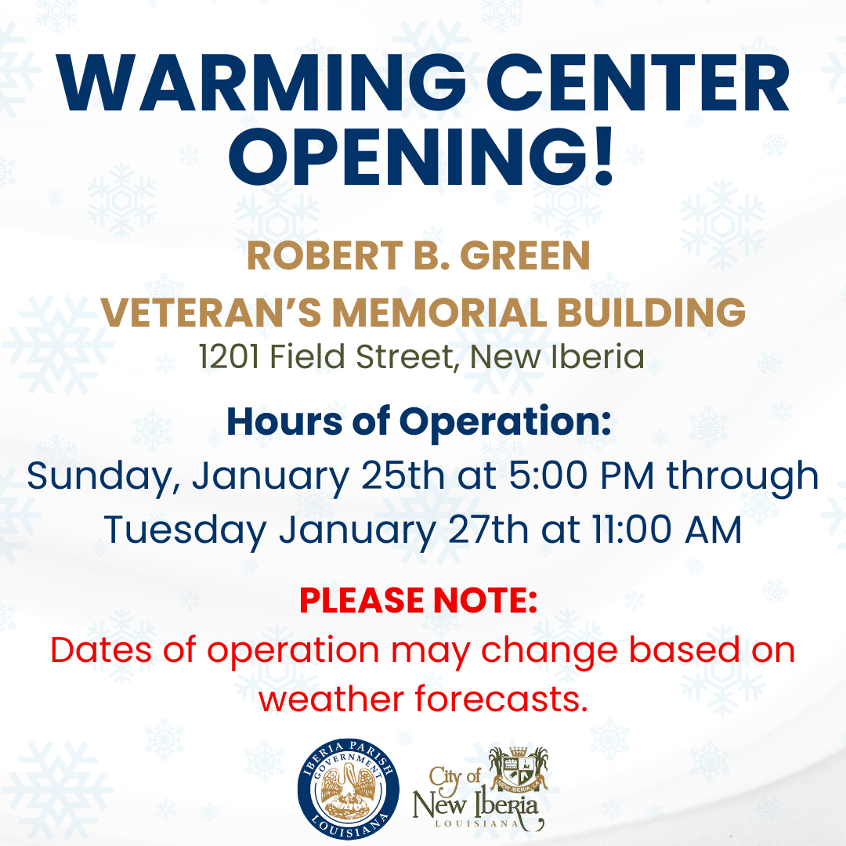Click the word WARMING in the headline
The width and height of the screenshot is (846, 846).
tap(262, 82)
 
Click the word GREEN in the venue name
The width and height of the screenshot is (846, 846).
tap(525, 255)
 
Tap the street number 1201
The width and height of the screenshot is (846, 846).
tap(228, 356)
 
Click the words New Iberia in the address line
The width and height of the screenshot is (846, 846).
tap(558, 356)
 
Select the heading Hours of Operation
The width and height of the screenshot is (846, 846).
tap(419, 421)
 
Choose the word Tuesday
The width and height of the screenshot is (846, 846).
tap(185, 531)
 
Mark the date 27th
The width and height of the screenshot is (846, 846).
tap(488, 530)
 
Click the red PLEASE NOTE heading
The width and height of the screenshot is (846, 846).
tap(418, 601)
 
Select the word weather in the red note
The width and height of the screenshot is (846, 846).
tap(331, 699)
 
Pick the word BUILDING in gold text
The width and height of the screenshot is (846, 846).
tap(651, 313)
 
